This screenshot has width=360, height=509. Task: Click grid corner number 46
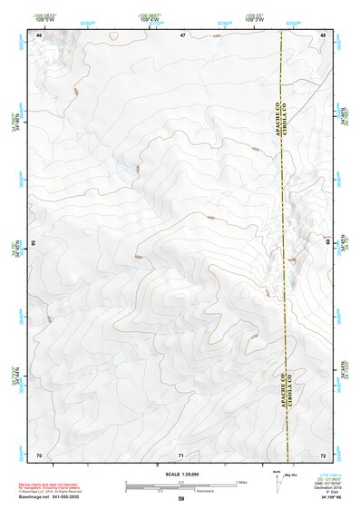pos(39,34)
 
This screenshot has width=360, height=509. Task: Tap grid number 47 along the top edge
pos(182,34)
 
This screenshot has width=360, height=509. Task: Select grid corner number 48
pos(324,34)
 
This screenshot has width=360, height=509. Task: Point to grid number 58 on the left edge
pos(34,244)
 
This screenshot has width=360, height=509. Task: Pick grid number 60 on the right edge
pos(328,242)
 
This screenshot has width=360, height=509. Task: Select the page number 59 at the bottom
pos(180,499)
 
